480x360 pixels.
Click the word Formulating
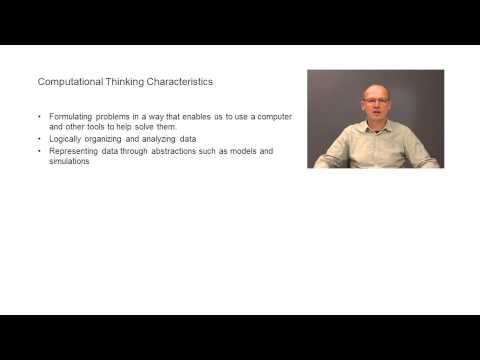[x=70, y=118]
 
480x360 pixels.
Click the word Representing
[x=74, y=151]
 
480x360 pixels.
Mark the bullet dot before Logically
[x=38, y=140]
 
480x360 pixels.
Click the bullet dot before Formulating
[x=38, y=118]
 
